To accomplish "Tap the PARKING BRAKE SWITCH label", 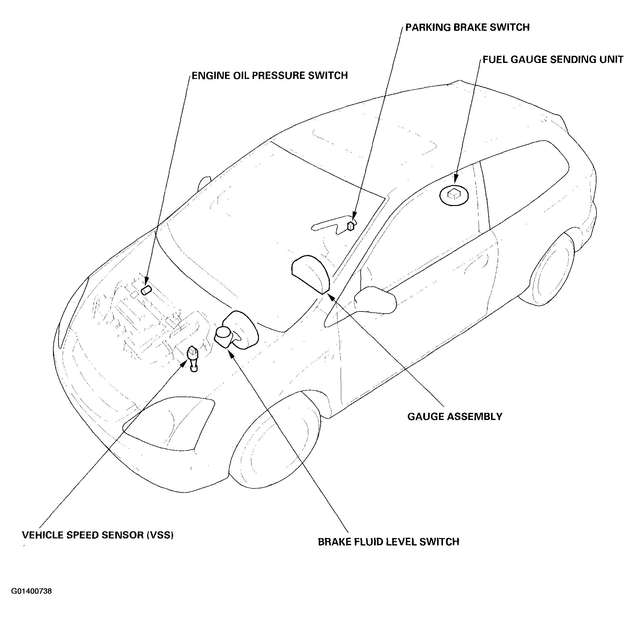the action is pyautogui.click(x=468, y=27).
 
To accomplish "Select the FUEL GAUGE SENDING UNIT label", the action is pyautogui.click(x=553, y=60).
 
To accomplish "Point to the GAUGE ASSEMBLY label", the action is pyautogui.click(x=455, y=417).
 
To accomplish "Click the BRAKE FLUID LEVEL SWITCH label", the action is pyautogui.click(x=388, y=515).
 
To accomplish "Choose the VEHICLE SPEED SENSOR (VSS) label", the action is pyautogui.click(x=98, y=508).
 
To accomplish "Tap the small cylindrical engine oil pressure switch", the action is pyautogui.click(x=146, y=290).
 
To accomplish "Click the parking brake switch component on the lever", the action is pyautogui.click(x=350, y=226).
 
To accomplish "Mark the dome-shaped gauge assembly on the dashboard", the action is pyautogui.click(x=310, y=274).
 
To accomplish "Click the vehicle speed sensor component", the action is pyautogui.click(x=193, y=358).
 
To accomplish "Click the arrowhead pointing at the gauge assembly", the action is pyautogui.click(x=332, y=296).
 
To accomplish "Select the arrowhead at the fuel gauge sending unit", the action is pyautogui.click(x=456, y=179).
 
